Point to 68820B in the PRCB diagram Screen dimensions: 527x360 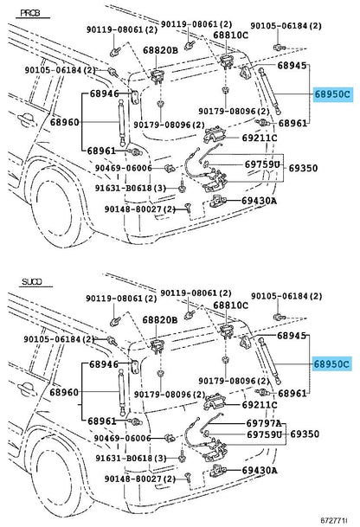161,50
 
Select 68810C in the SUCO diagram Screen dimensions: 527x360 231,305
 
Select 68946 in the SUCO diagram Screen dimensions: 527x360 104,365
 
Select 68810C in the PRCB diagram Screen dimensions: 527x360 231,35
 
